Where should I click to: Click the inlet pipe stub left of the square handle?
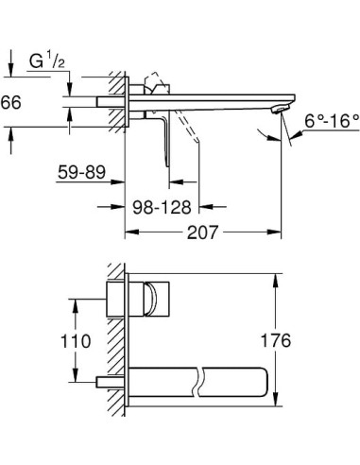109,299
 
